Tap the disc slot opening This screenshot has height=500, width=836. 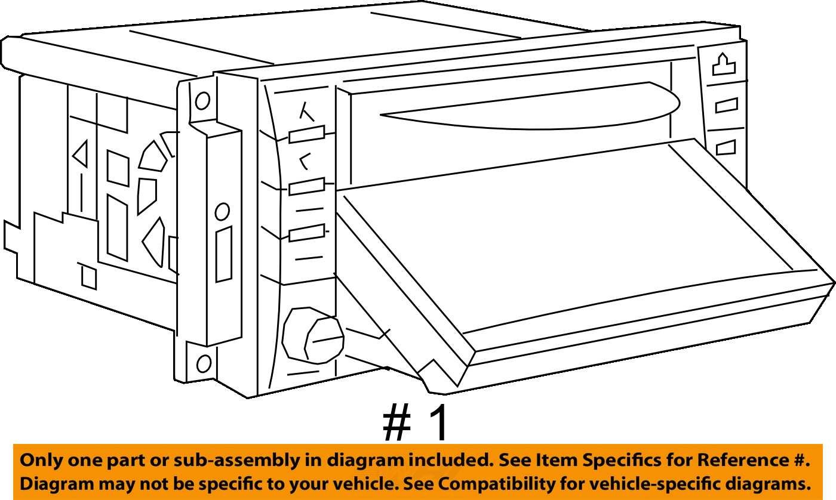pos(530,106)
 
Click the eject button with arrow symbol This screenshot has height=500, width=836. pos(724,65)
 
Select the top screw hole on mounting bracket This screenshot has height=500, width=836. pos(202,101)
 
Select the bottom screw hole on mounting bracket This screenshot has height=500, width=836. pos(204,363)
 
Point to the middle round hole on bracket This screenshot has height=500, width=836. pos(222,212)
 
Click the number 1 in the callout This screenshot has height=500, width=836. pos(436,423)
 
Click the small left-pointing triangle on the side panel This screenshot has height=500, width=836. pos(81,153)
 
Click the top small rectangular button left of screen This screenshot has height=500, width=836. pos(306,134)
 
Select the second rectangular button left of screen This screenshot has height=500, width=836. pos(306,186)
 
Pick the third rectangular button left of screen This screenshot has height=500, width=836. pos(306,233)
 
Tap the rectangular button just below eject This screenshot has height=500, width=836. pos(727,106)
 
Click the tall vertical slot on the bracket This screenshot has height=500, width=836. pos(223,254)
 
